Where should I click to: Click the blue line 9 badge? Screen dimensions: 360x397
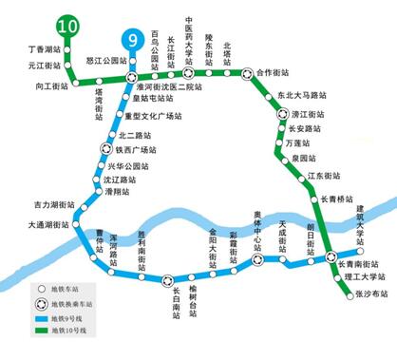tap(130, 41)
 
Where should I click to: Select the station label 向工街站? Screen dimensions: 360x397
tap(54, 85)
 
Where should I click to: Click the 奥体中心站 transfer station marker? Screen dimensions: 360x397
tap(258, 256)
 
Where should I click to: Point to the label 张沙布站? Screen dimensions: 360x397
tap(359, 294)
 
